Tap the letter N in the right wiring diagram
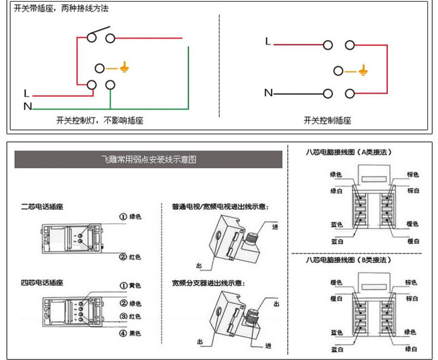(268, 93)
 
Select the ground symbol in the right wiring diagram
(364, 71)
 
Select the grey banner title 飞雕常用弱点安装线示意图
(148, 160)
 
